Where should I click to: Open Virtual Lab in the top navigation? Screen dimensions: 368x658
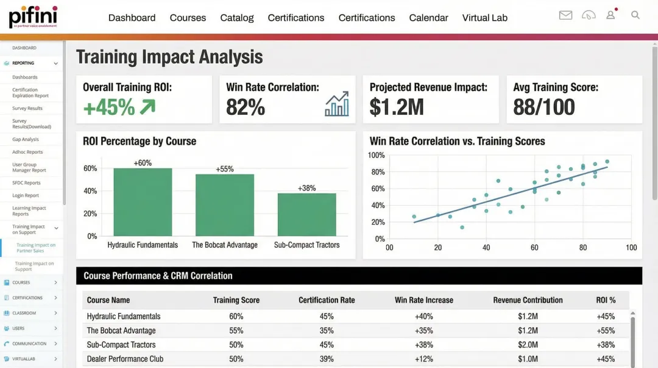click(484, 18)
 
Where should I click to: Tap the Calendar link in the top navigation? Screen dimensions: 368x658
click(428, 18)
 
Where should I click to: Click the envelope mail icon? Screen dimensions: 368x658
click(565, 15)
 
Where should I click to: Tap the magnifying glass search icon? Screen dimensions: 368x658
click(635, 15)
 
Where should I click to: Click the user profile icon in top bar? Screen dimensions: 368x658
click(610, 15)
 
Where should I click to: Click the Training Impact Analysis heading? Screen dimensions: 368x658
click(169, 57)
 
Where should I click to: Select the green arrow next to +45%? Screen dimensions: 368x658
click(147, 107)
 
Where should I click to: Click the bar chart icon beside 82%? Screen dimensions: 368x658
click(337, 104)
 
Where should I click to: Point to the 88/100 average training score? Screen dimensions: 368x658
click(543, 107)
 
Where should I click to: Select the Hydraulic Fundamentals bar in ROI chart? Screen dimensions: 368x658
click(143, 202)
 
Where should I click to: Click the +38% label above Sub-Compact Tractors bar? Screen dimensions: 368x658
click(306, 188)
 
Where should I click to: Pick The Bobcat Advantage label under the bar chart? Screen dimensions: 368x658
click(225, 245)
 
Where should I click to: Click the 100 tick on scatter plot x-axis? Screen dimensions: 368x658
click(631, 248)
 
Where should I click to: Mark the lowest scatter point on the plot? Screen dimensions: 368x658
click(462, 228)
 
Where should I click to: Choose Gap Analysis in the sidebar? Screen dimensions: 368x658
click(26, 139)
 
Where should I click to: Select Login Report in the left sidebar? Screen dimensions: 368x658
click(26, 195)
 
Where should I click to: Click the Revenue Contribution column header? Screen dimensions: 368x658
click(528, 300)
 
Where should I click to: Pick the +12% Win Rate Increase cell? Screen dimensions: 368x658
click(423, 359)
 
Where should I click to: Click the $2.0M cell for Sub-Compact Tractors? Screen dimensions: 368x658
click(528, 345)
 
